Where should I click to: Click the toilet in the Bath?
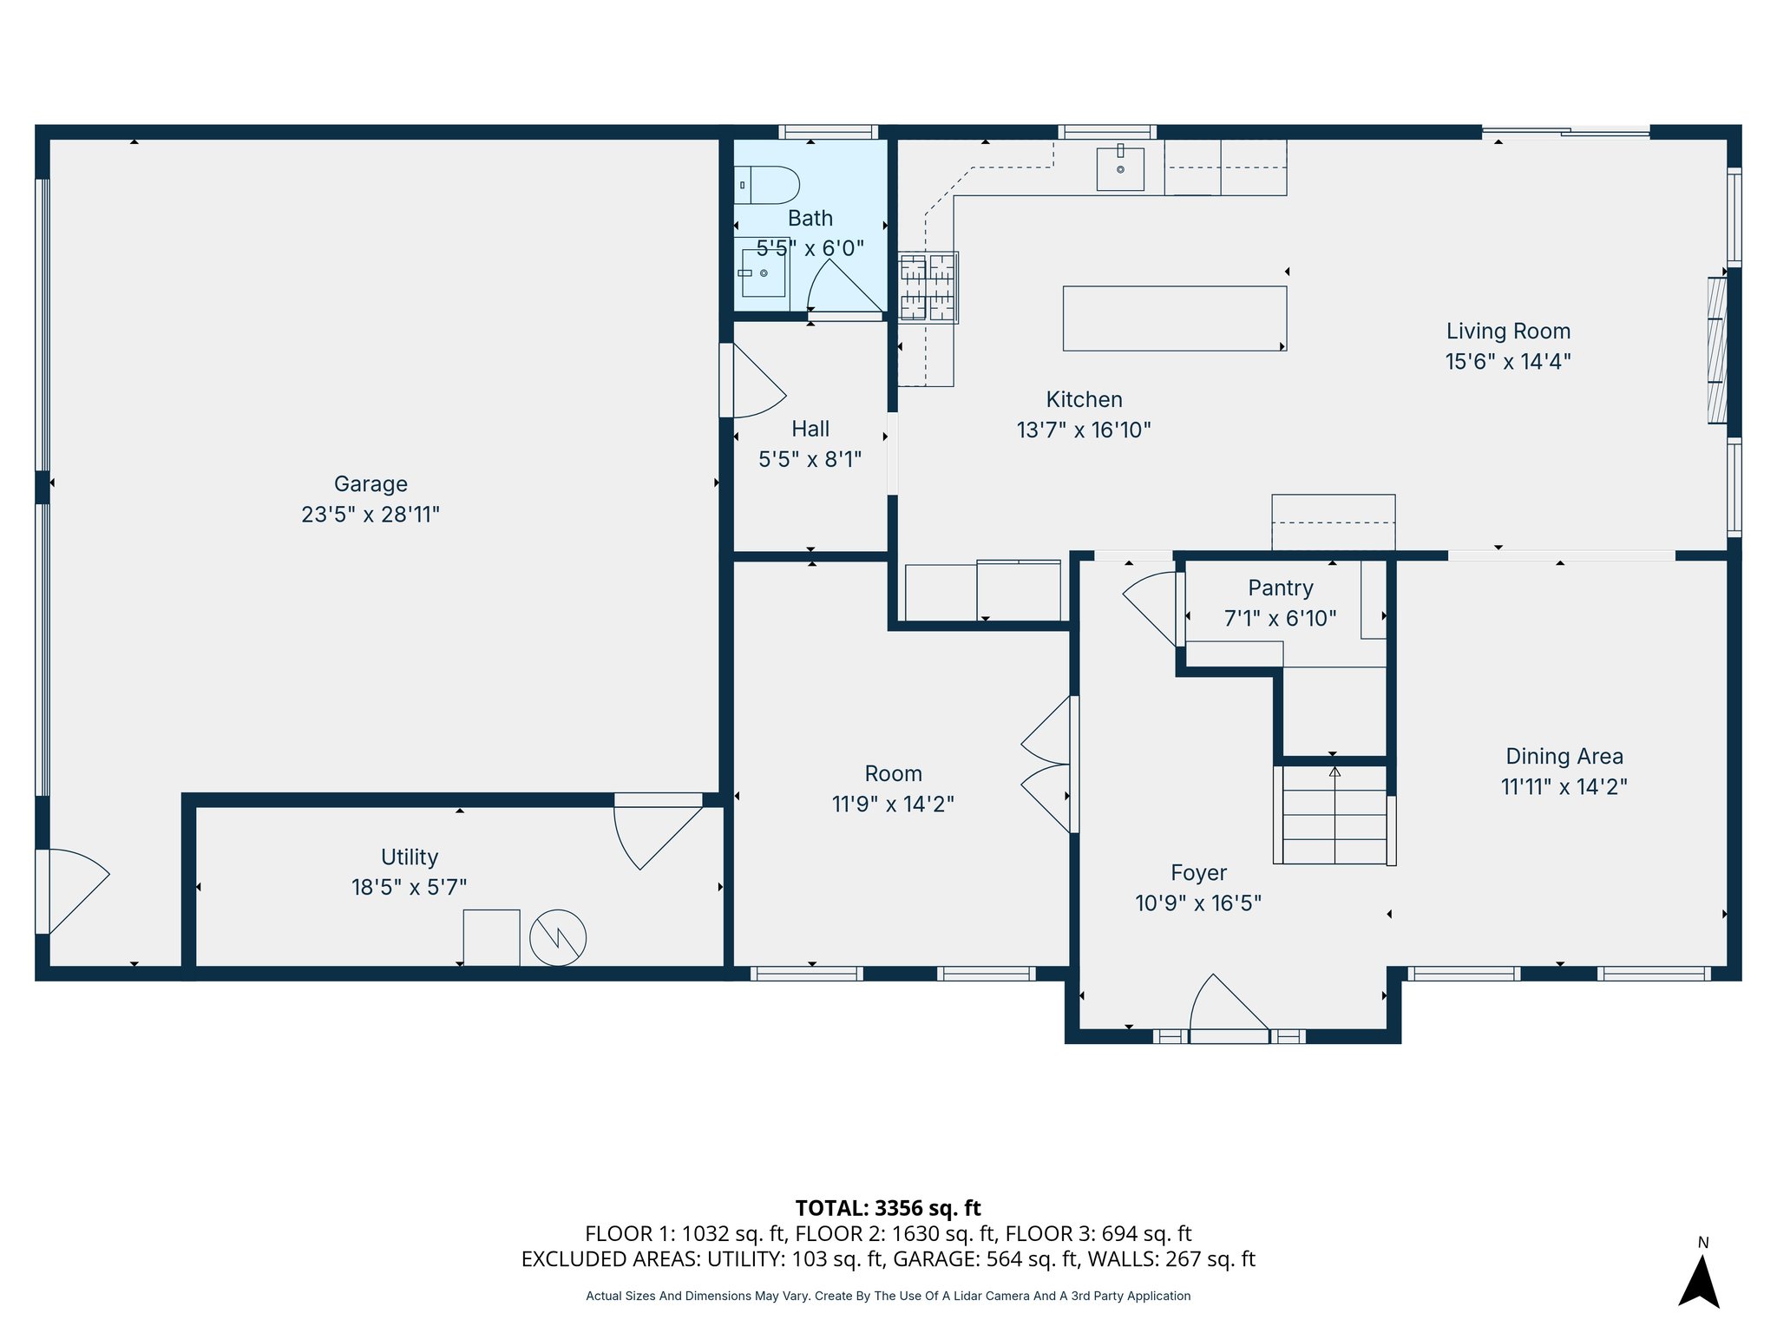[x=767, y=185]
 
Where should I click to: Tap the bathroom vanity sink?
[x=764, y=273]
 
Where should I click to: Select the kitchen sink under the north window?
[x=1120, y=168]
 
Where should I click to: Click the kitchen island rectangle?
[x=1175, y=318]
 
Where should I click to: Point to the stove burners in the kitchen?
[x=928, y=287]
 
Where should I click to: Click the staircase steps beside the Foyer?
[x=1334, y=814]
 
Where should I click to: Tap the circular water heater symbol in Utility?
[x=558, y=937]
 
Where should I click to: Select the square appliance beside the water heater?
[x=491, y=937]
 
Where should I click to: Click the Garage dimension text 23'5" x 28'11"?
[x=370, y=515]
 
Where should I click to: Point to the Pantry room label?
[x=1281, y=588]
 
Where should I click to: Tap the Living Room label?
[x=1508, y=331]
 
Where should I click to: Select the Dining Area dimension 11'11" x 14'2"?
[x=1564, y=786]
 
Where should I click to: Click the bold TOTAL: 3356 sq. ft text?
[x=888, y=1208]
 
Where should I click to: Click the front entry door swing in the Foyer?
[x=1229, y=1007]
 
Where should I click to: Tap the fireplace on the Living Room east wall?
[x=1717, y=350]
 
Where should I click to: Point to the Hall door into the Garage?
[x=751, y=380]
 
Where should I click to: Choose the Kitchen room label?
[x=1084, y=399]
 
